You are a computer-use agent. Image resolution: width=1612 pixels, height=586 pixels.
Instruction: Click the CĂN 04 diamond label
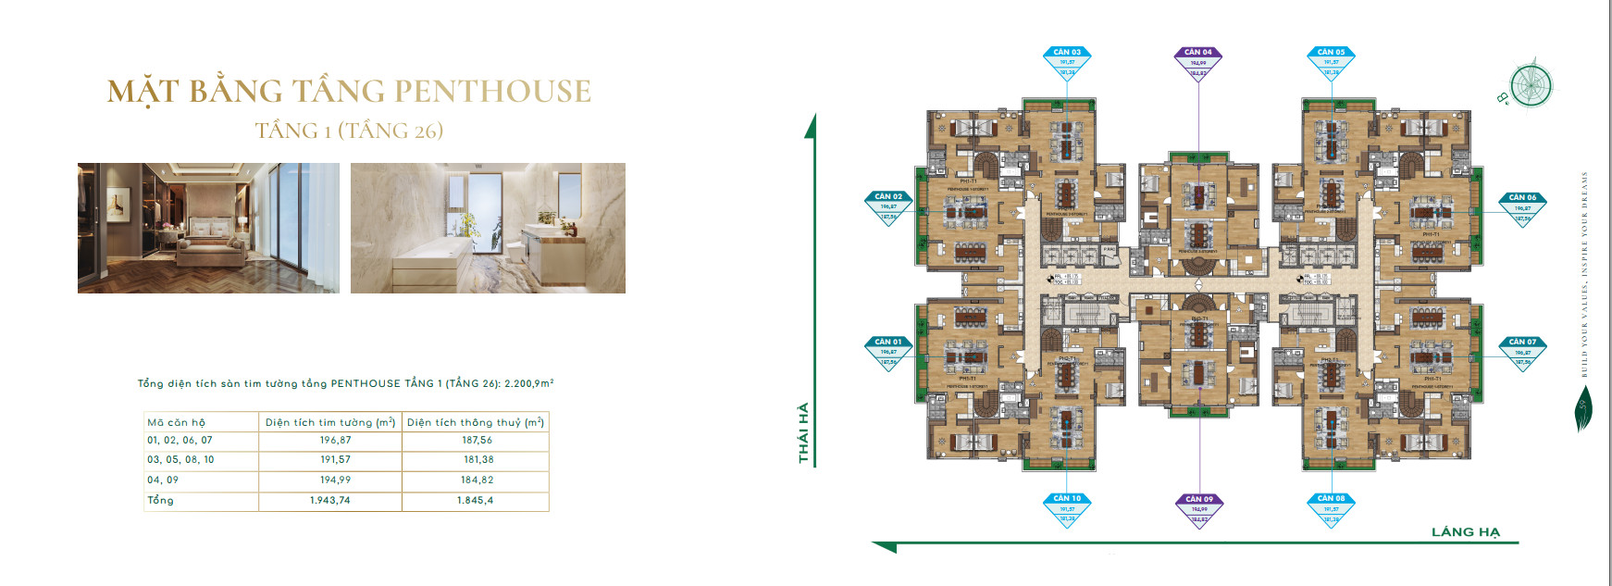tap(1198, 62)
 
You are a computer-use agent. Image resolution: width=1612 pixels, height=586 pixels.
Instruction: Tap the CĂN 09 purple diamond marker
tap(1199, 508)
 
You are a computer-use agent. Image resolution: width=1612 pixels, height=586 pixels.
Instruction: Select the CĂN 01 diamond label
tap(888, 352)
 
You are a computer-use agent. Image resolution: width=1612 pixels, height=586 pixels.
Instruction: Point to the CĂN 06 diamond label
tap(1522, 207)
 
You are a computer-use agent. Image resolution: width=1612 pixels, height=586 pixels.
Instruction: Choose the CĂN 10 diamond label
tap(1067, 508)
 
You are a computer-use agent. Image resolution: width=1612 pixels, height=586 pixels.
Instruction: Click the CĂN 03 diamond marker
tap(1067, 62)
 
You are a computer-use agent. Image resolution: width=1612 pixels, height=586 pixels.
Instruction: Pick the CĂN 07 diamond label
tap(1522, 352)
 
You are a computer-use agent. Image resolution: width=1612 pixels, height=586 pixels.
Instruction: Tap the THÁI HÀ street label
tap(803, 432)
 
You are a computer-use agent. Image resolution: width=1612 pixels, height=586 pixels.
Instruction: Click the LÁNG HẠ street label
tap(1465, 531)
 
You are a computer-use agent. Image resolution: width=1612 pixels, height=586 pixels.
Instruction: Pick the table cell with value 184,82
tap(477, 480)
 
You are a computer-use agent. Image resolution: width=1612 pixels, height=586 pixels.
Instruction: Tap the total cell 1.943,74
tap(330, 500)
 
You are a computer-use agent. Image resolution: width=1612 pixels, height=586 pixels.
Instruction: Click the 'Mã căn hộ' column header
tap(177, 422)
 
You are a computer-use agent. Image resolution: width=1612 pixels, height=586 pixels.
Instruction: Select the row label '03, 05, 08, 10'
tap(180, 460)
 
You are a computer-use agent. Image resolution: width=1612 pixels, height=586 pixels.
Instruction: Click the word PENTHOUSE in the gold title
tap(493, 92)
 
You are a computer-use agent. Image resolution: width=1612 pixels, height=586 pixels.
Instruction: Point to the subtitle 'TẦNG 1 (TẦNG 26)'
tap(349, 131)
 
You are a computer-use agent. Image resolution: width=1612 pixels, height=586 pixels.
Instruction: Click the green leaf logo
tap(1583, 408)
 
